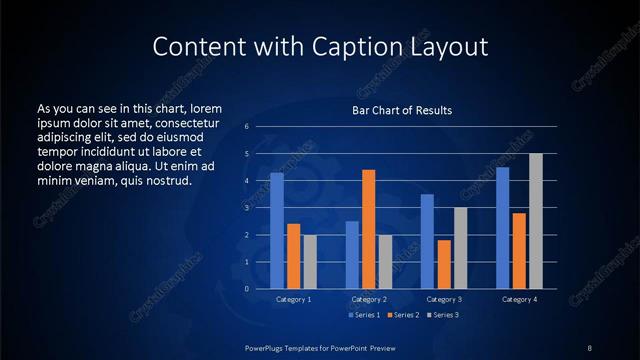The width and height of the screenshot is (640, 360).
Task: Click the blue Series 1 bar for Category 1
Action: pos(277,231)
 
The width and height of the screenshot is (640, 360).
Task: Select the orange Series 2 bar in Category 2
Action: pos(369,229)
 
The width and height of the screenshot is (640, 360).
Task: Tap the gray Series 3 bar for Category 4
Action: pos(536,221)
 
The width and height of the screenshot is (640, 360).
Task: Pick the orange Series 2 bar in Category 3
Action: pos(444,264)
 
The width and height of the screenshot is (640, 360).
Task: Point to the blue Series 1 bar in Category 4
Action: pos(503,228)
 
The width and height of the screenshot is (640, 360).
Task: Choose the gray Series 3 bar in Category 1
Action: pos(310,262)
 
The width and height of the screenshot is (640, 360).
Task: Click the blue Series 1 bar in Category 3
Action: pos(427,241)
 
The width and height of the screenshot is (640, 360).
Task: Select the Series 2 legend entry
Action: pos(401,316)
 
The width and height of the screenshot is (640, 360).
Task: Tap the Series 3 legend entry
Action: pos(443,316)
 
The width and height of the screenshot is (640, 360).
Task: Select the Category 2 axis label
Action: pos(368,299)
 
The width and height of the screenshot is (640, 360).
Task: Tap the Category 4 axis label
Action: pos(519,299)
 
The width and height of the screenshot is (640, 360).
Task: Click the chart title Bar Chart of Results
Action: pos(402,110)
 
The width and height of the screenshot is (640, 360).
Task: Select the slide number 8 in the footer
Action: pos(589,347)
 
